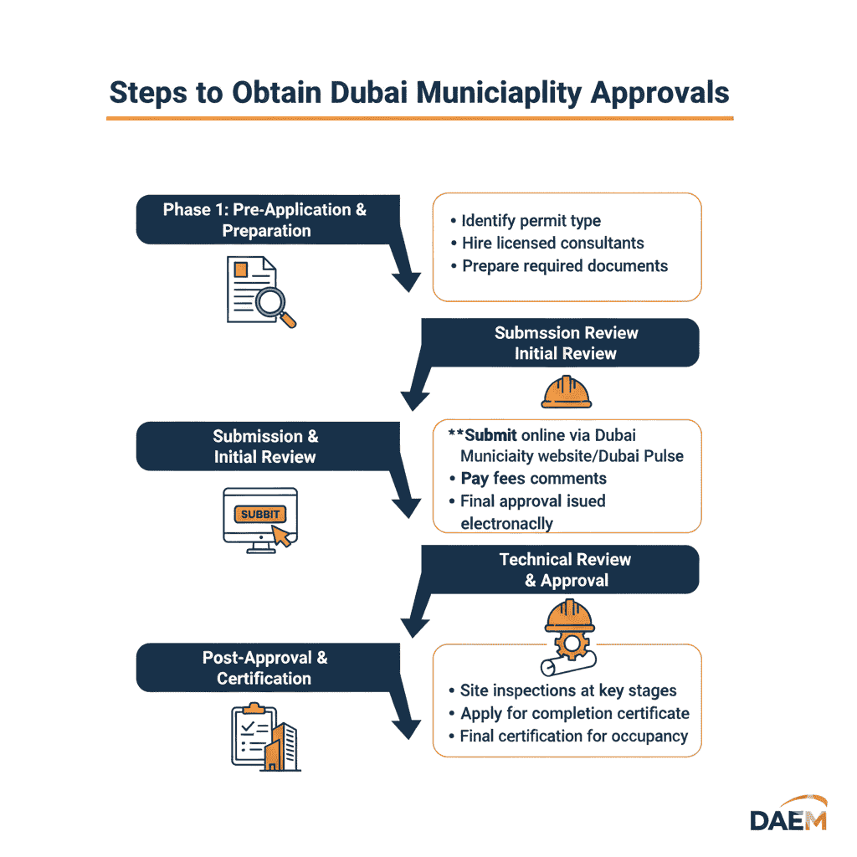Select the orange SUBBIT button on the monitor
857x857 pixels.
259,514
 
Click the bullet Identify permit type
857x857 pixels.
531,221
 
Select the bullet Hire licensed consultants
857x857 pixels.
552,244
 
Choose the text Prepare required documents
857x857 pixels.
565,266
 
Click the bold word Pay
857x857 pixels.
475,479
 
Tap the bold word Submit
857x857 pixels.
490,435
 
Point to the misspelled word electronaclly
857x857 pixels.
506,523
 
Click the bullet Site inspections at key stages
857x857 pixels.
568,690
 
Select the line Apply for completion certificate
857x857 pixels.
574,714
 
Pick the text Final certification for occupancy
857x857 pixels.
573,736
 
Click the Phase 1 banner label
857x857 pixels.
265,219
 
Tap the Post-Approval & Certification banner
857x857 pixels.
264,668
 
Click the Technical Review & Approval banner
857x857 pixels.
565,570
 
